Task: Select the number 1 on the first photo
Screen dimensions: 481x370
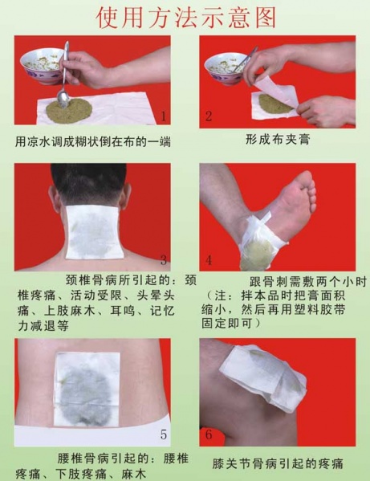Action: tap(164, 117)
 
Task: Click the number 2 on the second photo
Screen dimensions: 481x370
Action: tap(209, 116)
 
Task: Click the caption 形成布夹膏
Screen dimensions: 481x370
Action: tap(278, 139)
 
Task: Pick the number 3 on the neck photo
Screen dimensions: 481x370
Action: tap(164, 260)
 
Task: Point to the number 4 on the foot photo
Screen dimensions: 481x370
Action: tap(209, 260)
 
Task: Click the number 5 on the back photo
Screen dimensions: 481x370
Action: tap(164, 435)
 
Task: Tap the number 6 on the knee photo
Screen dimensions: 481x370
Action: tap(209, 435)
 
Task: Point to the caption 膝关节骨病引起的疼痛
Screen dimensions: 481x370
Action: tap(278, 463)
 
